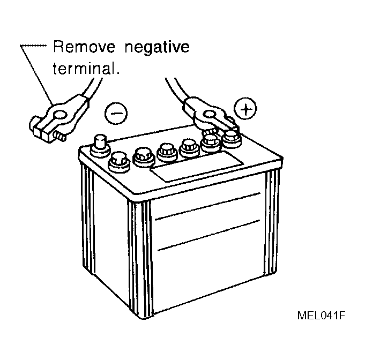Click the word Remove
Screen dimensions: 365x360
tap(84, 47)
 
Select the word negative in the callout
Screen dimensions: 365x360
tap(157, 48)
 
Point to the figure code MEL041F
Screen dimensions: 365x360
tap(321, 316)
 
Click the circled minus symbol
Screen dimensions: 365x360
tap(116, 113)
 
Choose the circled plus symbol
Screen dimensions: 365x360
tap(245, 109)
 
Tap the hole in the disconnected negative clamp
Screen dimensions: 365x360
tap(60, 115)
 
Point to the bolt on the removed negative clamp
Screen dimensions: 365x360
tap(59, 136)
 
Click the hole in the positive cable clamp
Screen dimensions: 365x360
tap(209, 115)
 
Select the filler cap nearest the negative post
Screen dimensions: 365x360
tap(119, 162)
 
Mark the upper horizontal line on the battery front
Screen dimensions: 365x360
tap(207, 206)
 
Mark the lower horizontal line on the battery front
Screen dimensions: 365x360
tap(208, 235)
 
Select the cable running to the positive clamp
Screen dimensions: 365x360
tap(176, 91)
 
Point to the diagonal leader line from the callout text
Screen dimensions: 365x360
tap(37, 75)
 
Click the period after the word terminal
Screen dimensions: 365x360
tap(118, 73)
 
